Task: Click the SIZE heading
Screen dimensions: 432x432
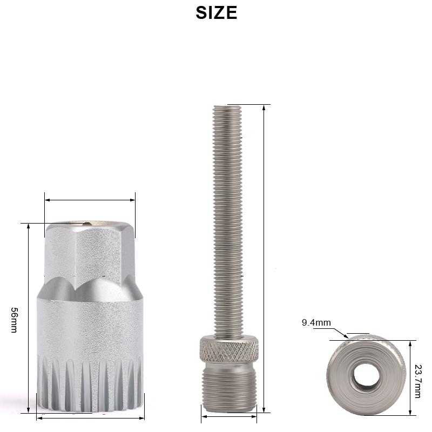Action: (217, 12)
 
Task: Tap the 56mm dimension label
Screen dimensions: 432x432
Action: (14, 320)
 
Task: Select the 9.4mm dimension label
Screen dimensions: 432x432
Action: (316, 322)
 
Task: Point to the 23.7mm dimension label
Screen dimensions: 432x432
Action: (418, 381)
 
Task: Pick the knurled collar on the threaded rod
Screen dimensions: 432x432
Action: (229, 349)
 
